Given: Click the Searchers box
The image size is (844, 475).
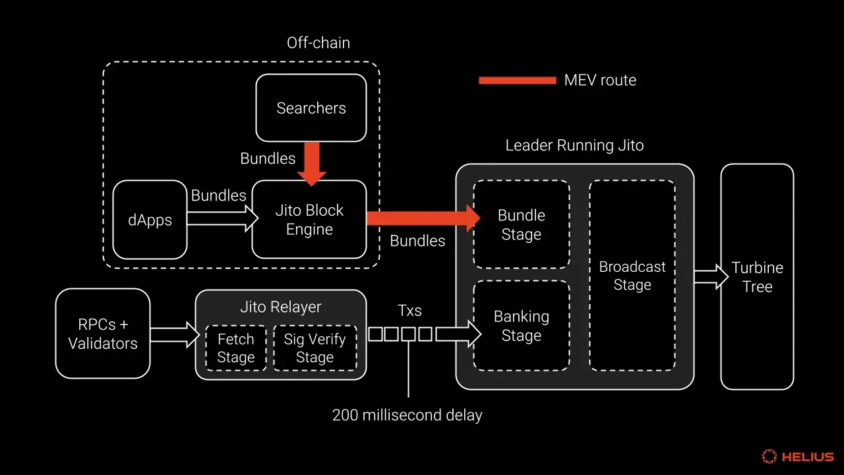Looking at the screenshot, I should (x=311, y=108).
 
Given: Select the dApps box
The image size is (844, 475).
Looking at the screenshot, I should (x=150, y=220).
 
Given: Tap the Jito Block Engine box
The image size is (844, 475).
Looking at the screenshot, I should (x=309, y=220).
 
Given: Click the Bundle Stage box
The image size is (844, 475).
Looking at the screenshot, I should (x=521, y=225).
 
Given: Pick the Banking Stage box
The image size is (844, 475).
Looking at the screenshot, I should (x=521, y=326).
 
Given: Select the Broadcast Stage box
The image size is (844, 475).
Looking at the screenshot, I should (x=632, y=276).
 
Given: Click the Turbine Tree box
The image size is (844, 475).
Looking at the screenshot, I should (x=756, y=277).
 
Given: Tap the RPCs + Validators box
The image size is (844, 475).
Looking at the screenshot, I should (x=103, y=334).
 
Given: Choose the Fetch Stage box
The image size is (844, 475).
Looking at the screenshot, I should (x=235, y=348).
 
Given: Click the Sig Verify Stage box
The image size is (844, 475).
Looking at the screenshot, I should (x=315, y=348).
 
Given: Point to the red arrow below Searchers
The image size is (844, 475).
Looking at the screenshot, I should (x=311, y=163).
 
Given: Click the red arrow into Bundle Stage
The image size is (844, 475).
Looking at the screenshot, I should (x=422, y=218).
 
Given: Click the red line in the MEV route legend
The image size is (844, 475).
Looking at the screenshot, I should (x=517, y=80).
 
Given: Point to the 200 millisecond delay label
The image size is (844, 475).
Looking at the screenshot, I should (x=407, y=416).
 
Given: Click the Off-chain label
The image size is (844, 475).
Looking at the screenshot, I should (x=318, y=44).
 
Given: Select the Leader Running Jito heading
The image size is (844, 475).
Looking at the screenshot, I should (x=574, y=146).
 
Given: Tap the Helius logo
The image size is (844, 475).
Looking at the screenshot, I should (x=798, y=457).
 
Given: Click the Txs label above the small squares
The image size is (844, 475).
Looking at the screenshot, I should (x=409, y=311).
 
